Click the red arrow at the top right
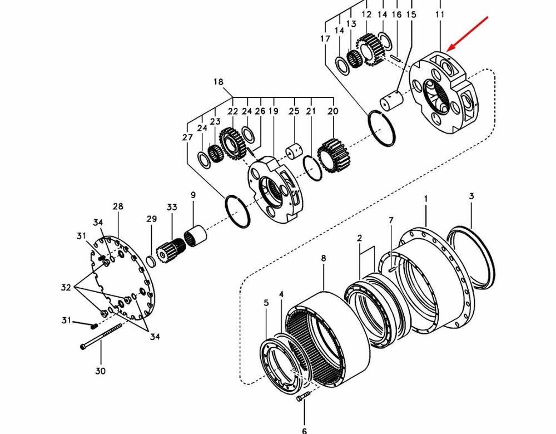[468, 34]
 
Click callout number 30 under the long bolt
[100, 371]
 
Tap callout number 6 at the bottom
[304, 431]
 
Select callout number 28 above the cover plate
[118, 206]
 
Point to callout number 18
[219, 82]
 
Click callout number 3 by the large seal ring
[471, 196]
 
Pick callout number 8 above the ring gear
[324, 258]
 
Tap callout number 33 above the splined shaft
[172, 207]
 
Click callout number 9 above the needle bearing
[193, 195]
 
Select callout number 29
[151, 219]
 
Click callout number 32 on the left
[66, 287]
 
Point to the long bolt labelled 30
[101, 336]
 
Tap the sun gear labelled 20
[333, 155]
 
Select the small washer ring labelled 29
[150, 261]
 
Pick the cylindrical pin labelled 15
[391, 100]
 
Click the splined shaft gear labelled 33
[171, 250]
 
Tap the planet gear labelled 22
[232, 144]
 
